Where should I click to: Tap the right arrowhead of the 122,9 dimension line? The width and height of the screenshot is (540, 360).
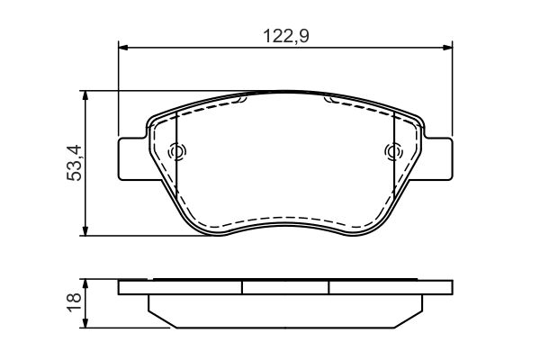click(x=448, y=49)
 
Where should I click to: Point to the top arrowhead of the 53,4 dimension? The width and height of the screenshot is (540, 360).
click(x=85, y=94)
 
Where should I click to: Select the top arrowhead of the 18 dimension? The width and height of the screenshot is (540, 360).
click(x=85, y=284)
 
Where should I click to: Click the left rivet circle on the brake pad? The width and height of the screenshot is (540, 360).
click(x=176, y=152)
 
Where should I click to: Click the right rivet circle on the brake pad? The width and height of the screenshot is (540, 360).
click(x=392, y=152)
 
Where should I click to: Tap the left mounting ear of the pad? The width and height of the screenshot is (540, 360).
click(x=132, y=157)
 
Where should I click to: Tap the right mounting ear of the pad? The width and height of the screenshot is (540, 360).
click(x=438, y=157)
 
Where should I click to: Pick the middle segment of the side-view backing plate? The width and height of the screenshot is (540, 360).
click(x=285, y=288)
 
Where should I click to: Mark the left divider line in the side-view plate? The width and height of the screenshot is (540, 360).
click(x=243, y=288)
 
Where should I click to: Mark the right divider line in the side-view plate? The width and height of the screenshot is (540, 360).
click(x=329, y=288)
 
